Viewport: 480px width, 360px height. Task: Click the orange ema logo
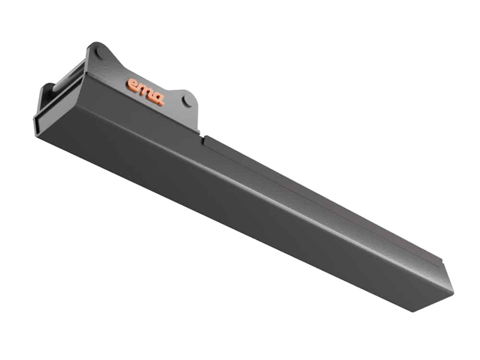coord(146,92)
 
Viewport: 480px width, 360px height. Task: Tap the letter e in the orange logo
coord(133,84)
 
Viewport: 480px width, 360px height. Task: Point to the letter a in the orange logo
coord(158,99)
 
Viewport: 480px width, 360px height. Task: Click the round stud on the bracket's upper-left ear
coord(98,52)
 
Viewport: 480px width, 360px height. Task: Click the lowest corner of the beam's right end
coord(413,312)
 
